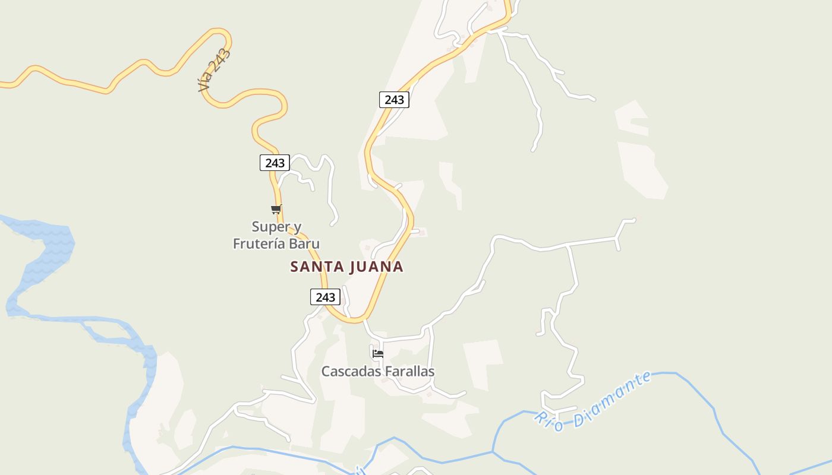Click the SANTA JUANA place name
[346, 267]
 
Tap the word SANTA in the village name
[317, 267]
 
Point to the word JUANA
[376, 267]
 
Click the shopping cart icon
[276, 209]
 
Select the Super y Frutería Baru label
[276, 235]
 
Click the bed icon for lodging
[377, 354]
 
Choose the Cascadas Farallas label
[378, 371]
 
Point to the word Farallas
[409, 371]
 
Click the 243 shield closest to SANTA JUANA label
[325, 297]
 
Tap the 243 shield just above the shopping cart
[275, 163]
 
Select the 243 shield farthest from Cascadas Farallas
[394, 100]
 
